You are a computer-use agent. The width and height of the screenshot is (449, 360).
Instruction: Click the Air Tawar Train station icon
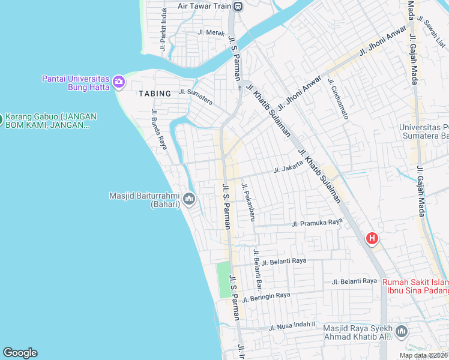[238, 7]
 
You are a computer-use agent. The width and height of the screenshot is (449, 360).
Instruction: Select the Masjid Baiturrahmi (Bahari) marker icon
[189, 199]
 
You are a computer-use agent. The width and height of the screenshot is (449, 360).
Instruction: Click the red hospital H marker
[372, 239]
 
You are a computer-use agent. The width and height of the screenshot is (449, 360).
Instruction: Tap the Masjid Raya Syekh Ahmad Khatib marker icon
[401, 331]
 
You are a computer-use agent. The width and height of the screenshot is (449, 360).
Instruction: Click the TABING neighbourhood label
[154, 93]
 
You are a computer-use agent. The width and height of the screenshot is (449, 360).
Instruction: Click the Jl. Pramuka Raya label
[316, 223]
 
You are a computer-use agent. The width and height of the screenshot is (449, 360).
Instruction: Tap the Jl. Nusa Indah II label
[292, 327]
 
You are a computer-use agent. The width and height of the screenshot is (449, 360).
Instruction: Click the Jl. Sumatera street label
[195, 96]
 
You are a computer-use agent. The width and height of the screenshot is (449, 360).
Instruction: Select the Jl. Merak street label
[211, 33]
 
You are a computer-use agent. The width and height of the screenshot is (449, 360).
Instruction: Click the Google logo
[20, 353]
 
